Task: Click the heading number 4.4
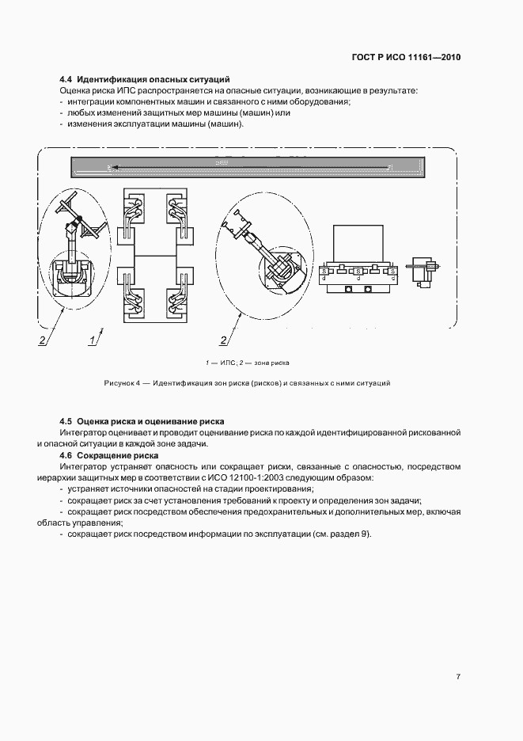point(66,79)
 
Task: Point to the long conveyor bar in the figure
point(248,167)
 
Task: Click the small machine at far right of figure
point(421,269)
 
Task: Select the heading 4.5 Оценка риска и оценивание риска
point(142,422)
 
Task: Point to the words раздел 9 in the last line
point(347,534)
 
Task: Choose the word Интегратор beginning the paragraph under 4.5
point(84,433)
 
